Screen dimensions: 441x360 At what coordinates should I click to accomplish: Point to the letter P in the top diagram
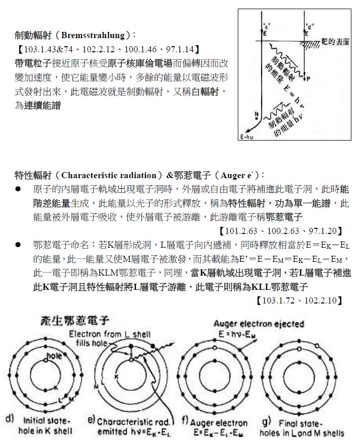click(x=308, y=79)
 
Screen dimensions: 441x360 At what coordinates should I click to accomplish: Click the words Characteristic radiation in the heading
click(x=111, y=176)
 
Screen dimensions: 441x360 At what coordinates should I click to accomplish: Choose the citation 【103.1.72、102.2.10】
click(x=300, y=300)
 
